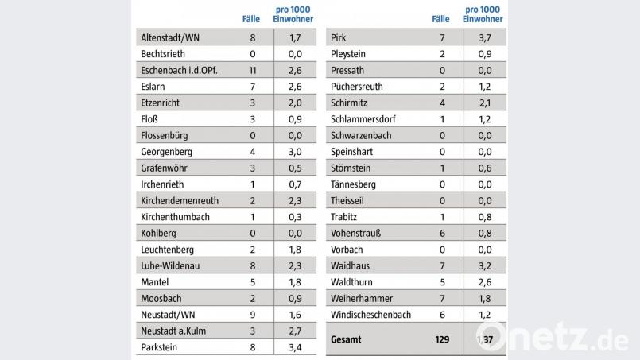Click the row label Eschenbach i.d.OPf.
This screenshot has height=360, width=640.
coord(178,70)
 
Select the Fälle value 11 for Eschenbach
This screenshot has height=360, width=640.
coord(252,70)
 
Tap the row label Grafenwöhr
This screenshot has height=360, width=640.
coord(165,168)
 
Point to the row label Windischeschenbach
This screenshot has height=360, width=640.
coord(370,315)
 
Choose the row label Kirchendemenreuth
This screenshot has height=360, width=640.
coord(179,200)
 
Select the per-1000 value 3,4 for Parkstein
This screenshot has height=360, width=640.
coord(293,347)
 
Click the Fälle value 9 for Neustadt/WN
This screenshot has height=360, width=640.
coord(252,315)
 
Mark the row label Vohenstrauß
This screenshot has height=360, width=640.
coord(355,233)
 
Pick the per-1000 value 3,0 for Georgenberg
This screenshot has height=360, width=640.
coord(293,151)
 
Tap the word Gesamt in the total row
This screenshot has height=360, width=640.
coord(345,339)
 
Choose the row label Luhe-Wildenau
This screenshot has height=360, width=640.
coord(169,265)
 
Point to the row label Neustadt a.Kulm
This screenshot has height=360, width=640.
coord(173,331)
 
